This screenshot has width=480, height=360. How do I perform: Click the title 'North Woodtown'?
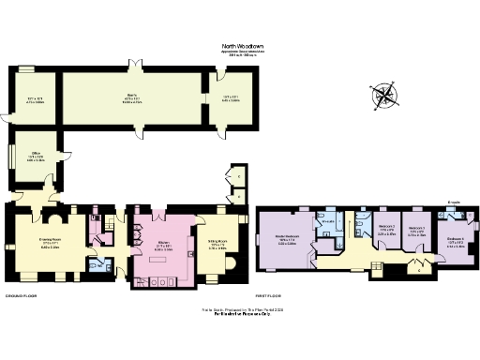click(x=240, y=44)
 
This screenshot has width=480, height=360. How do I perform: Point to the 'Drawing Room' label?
click(x=50, y=239)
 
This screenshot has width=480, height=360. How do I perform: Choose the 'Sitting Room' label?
click(x=217, y=245)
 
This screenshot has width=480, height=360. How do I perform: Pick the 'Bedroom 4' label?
click(x=455, y=240)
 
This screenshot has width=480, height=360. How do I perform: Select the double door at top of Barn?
click(x=133, y=65)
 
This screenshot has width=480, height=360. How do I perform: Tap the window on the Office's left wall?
click(x=11, y=156)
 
